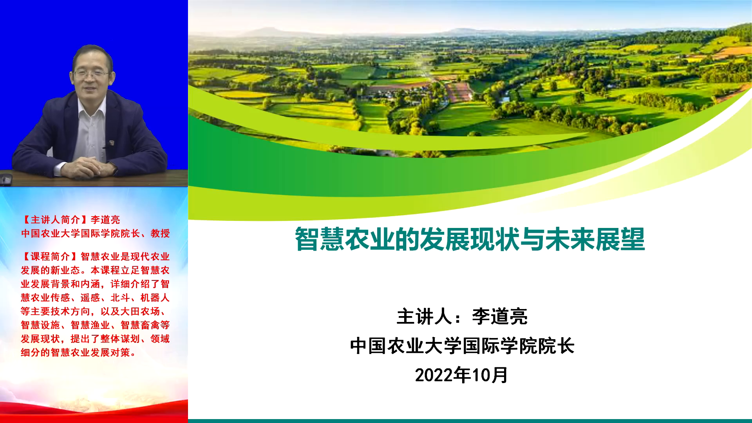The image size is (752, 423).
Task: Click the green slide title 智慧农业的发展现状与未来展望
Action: [470, 239]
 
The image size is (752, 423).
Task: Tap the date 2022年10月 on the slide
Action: [461, 375]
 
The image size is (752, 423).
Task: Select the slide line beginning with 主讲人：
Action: [462, 316]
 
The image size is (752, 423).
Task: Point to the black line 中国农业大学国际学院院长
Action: [462, 346]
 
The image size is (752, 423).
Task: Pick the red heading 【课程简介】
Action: [51, 257]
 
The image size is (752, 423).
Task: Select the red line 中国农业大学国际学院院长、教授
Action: [96, 233]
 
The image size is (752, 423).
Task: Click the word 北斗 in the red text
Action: [121, 298]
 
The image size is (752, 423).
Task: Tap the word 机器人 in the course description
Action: [155, 298]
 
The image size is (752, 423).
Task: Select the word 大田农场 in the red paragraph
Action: [140, 311]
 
